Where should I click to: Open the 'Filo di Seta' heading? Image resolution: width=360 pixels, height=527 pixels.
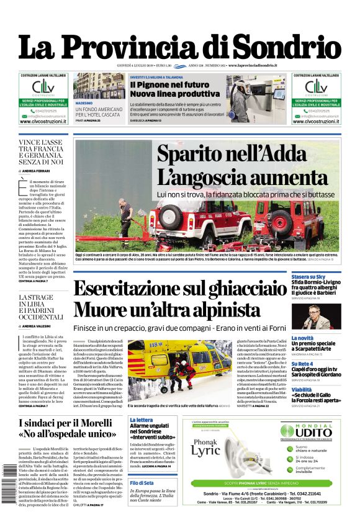142,482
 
